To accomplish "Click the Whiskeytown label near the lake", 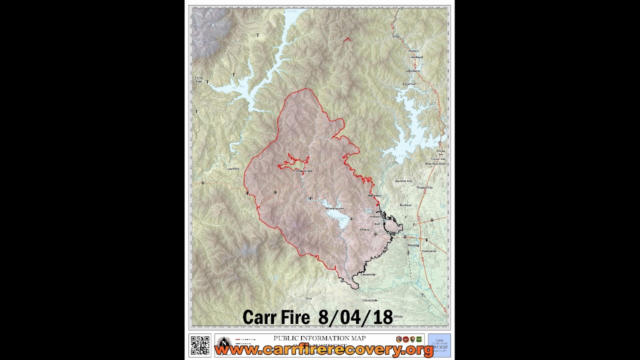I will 335,208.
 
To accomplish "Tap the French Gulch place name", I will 303,171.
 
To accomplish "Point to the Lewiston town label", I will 232,169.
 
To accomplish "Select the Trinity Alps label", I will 198,79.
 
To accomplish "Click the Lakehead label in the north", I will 416,57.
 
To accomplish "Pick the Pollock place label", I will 413,51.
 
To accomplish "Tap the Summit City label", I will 403,181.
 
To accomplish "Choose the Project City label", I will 424,187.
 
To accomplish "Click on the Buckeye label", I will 405,205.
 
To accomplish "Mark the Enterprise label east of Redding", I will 429,251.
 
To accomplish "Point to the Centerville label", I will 367,274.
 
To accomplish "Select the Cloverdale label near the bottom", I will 369,300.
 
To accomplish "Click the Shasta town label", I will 364,229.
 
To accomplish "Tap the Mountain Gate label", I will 434,163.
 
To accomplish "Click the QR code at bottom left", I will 200,345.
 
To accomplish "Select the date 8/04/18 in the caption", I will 355,317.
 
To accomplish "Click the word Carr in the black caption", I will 259,317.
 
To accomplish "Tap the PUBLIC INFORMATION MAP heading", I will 319,338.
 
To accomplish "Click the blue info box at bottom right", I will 439,345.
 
